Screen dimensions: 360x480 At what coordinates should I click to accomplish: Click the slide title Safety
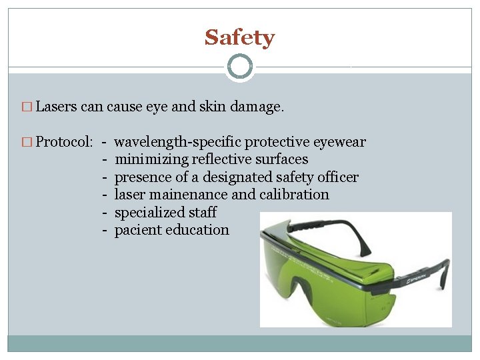click(239, 37)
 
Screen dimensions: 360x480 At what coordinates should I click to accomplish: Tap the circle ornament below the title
click(239, 67)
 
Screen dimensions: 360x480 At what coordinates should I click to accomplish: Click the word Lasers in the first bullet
click(57, 107)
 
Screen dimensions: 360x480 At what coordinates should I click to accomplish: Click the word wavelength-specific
click(177, 142)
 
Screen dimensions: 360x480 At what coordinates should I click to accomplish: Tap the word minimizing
click(151, 159)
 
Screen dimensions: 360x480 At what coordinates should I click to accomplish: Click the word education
click(198, 230)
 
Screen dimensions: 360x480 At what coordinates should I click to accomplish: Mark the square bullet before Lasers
click(27, 107)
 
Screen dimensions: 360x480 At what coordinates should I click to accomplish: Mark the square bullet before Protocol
click(27, 143)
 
